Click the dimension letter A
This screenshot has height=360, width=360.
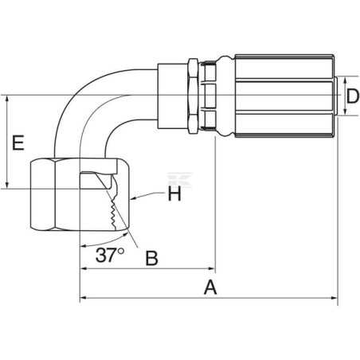click(x=210, y=287)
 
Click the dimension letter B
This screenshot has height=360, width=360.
click(x=152, y=258)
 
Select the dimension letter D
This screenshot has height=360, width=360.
click(x=353, y=96)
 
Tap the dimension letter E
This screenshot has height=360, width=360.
click(x=18, y=143)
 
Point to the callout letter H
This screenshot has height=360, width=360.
click(x=174, y=194)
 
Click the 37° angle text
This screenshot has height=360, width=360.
click(x=110, y=255)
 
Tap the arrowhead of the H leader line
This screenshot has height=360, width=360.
click(x=134, y=198)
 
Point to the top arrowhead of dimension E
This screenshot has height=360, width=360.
click(x=7, y=99)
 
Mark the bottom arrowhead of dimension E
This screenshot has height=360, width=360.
click(x=7, y=185)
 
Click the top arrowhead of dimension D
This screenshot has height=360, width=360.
click(x=345, y=80)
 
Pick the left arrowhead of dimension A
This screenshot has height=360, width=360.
click(x=84, y=298)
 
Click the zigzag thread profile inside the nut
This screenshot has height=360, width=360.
click(x=114, y=213)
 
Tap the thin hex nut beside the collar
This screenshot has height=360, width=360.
click(x=193, y=96)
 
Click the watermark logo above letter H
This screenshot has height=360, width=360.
click(x=180, y=179)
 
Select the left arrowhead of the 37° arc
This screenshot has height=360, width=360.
click(x=84, y=246)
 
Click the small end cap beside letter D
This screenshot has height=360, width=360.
click(x=336, y=96)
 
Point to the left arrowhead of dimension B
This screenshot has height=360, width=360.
click(x=84, y=268)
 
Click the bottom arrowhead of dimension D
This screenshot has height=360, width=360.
click(x=345, y=112)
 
